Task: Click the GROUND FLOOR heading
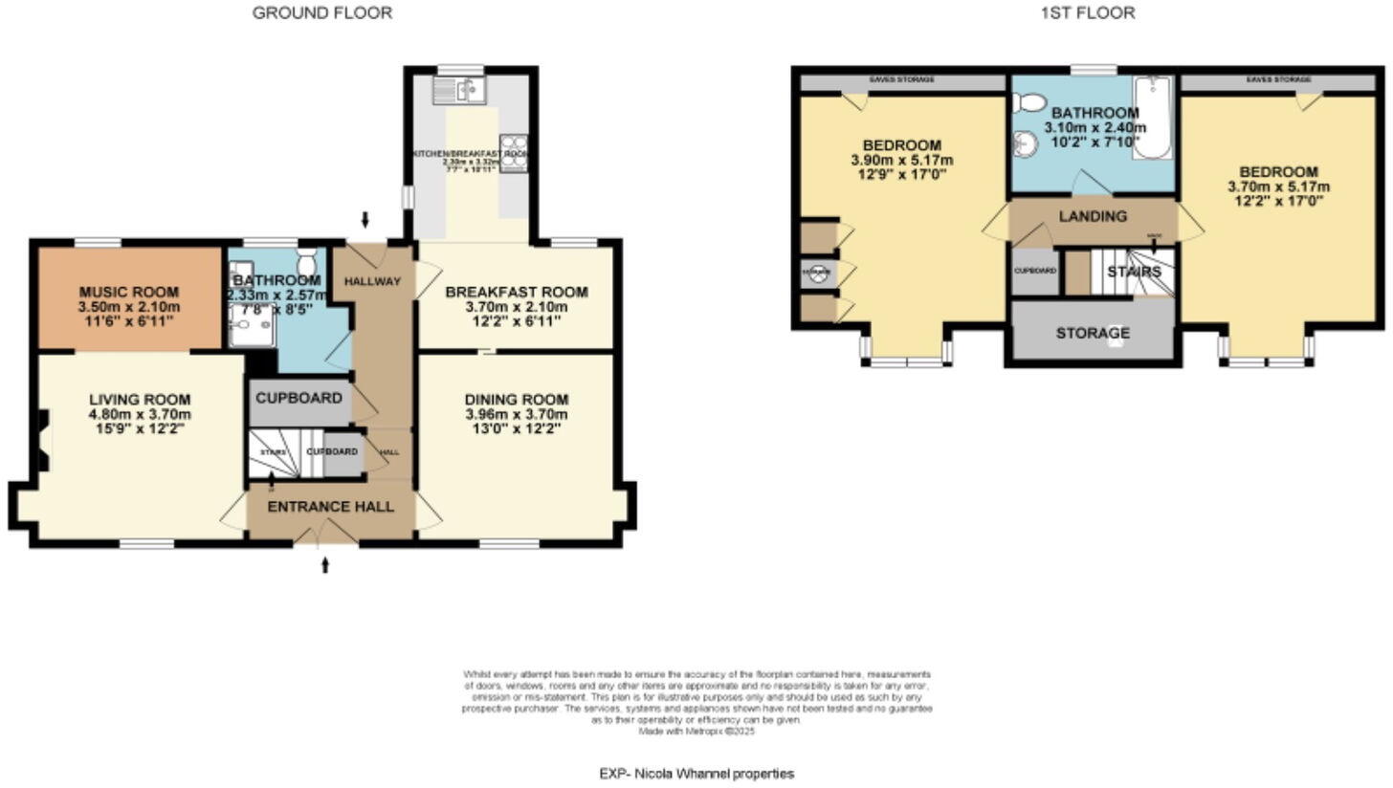(321, 12)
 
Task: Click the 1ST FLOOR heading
(1088, 12)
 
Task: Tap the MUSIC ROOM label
(129, 292)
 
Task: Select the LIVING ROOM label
(140, 399)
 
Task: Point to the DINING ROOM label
(517, 399)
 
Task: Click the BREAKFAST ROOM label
(517, 292)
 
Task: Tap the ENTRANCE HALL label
(330, 506)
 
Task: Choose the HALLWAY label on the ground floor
(372, 280)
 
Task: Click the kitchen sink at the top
(461, 91)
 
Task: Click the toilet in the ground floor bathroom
(307, 262)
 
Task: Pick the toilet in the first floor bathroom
(1029, 102)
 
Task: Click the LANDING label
(1093, 216)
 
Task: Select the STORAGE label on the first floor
(1093, 333)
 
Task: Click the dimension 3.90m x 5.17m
(901, 160)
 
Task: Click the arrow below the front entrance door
(325, 565)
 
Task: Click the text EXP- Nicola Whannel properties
(696, 773)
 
